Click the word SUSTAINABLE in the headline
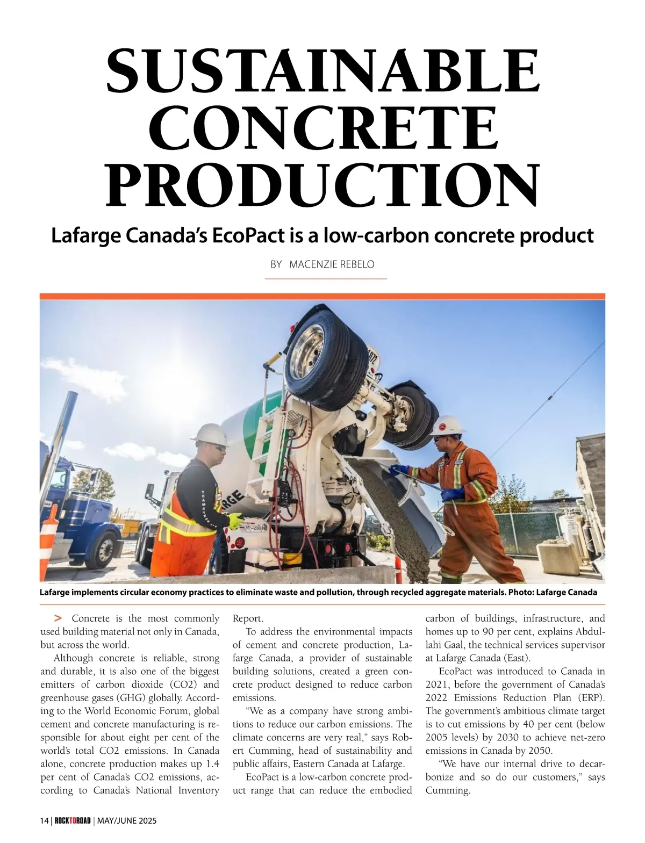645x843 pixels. pyautogui.click(x=322, y=70)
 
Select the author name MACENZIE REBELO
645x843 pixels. pyautogui.click(x=332, y=264)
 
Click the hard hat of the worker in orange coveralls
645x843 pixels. pyautogui.click(x=447, y=424)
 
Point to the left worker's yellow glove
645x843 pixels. pyautogui.click(x=235, y=520)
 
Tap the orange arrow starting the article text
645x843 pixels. pyautogui.click(x=58, y=618)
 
